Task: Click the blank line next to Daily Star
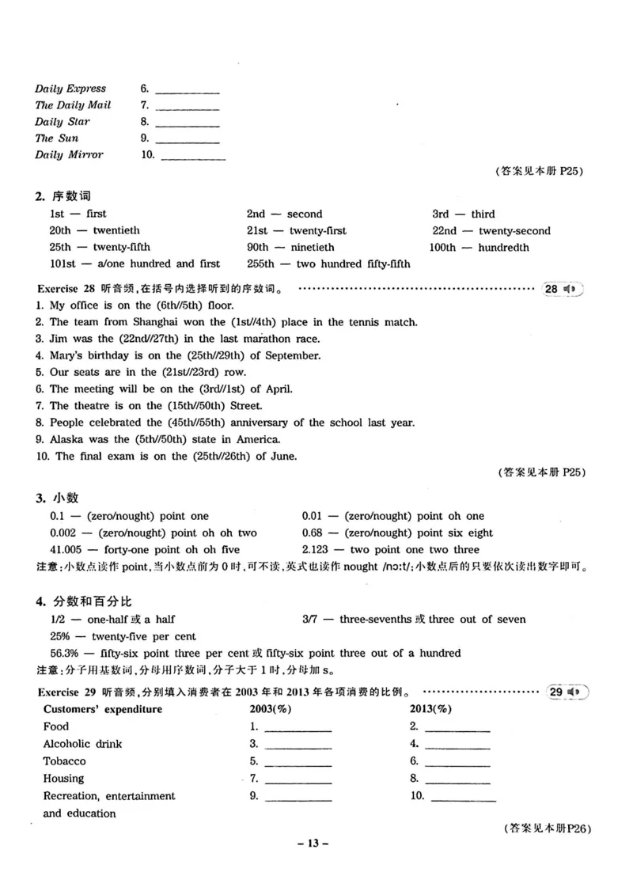tap(188, 123)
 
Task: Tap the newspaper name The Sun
tap(56, 138)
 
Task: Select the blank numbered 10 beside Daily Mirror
tap(192, 157)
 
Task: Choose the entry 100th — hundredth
tap(479, 248)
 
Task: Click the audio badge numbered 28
tap(563, 289)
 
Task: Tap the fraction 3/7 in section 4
tap(310, 619)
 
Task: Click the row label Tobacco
tap(65, 761)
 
